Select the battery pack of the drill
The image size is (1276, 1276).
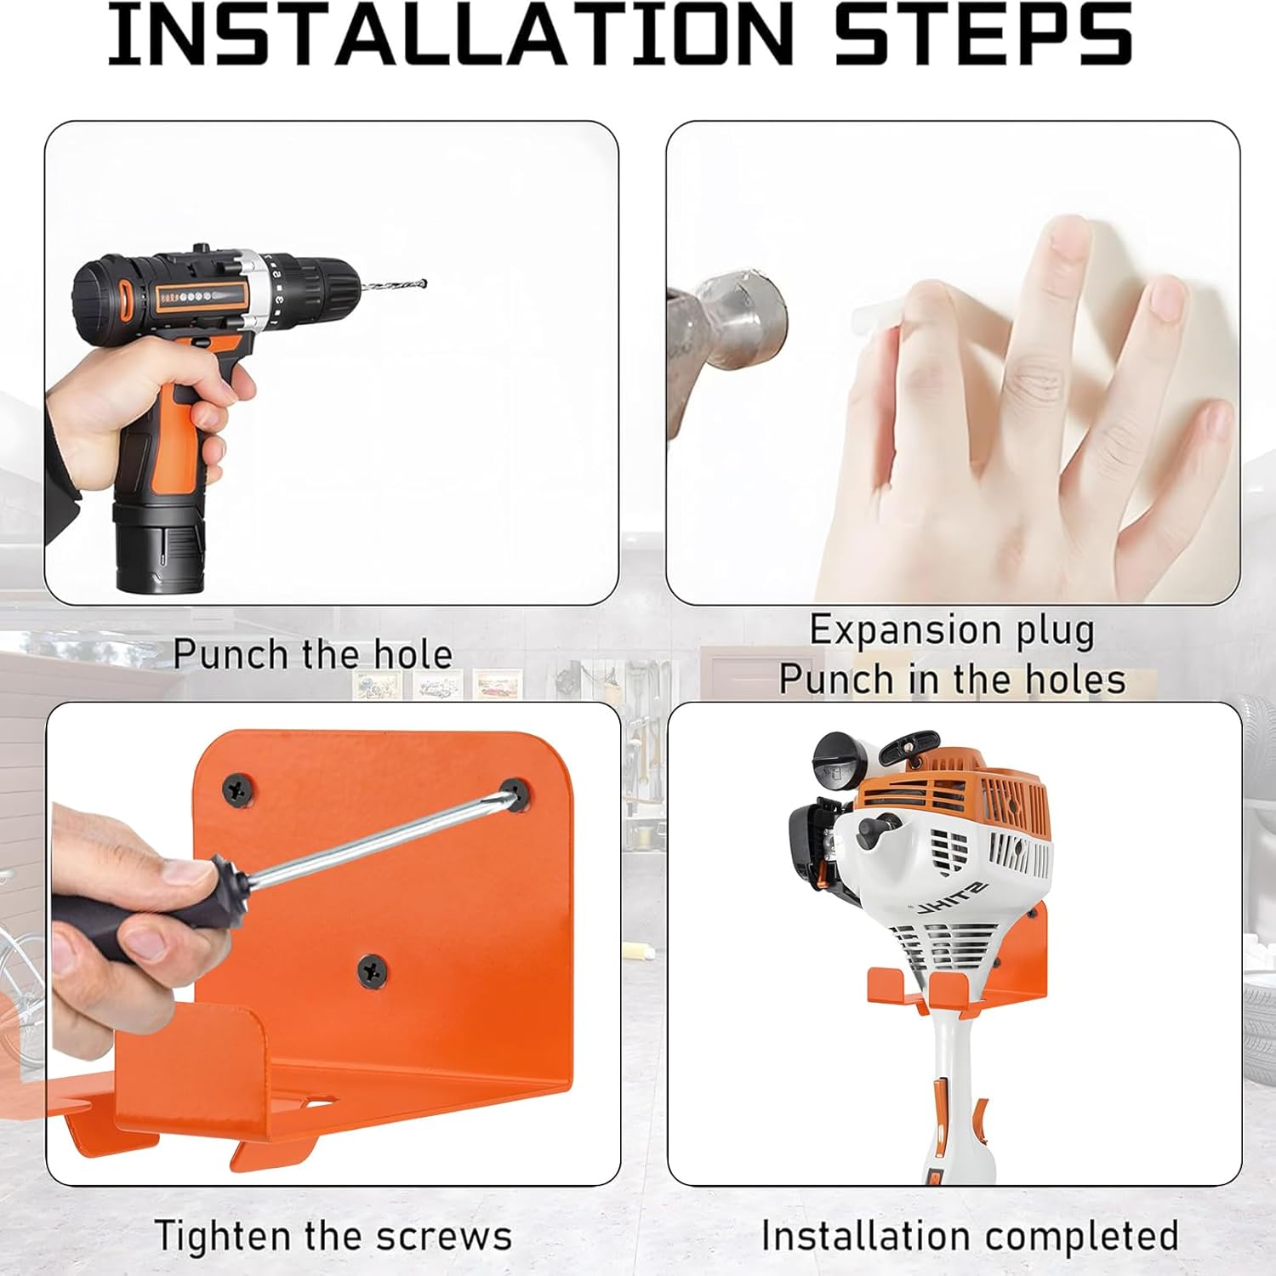click(162, 544)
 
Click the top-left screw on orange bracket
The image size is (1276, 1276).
click(239, 789)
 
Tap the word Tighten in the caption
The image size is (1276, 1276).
click(223, 1235)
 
